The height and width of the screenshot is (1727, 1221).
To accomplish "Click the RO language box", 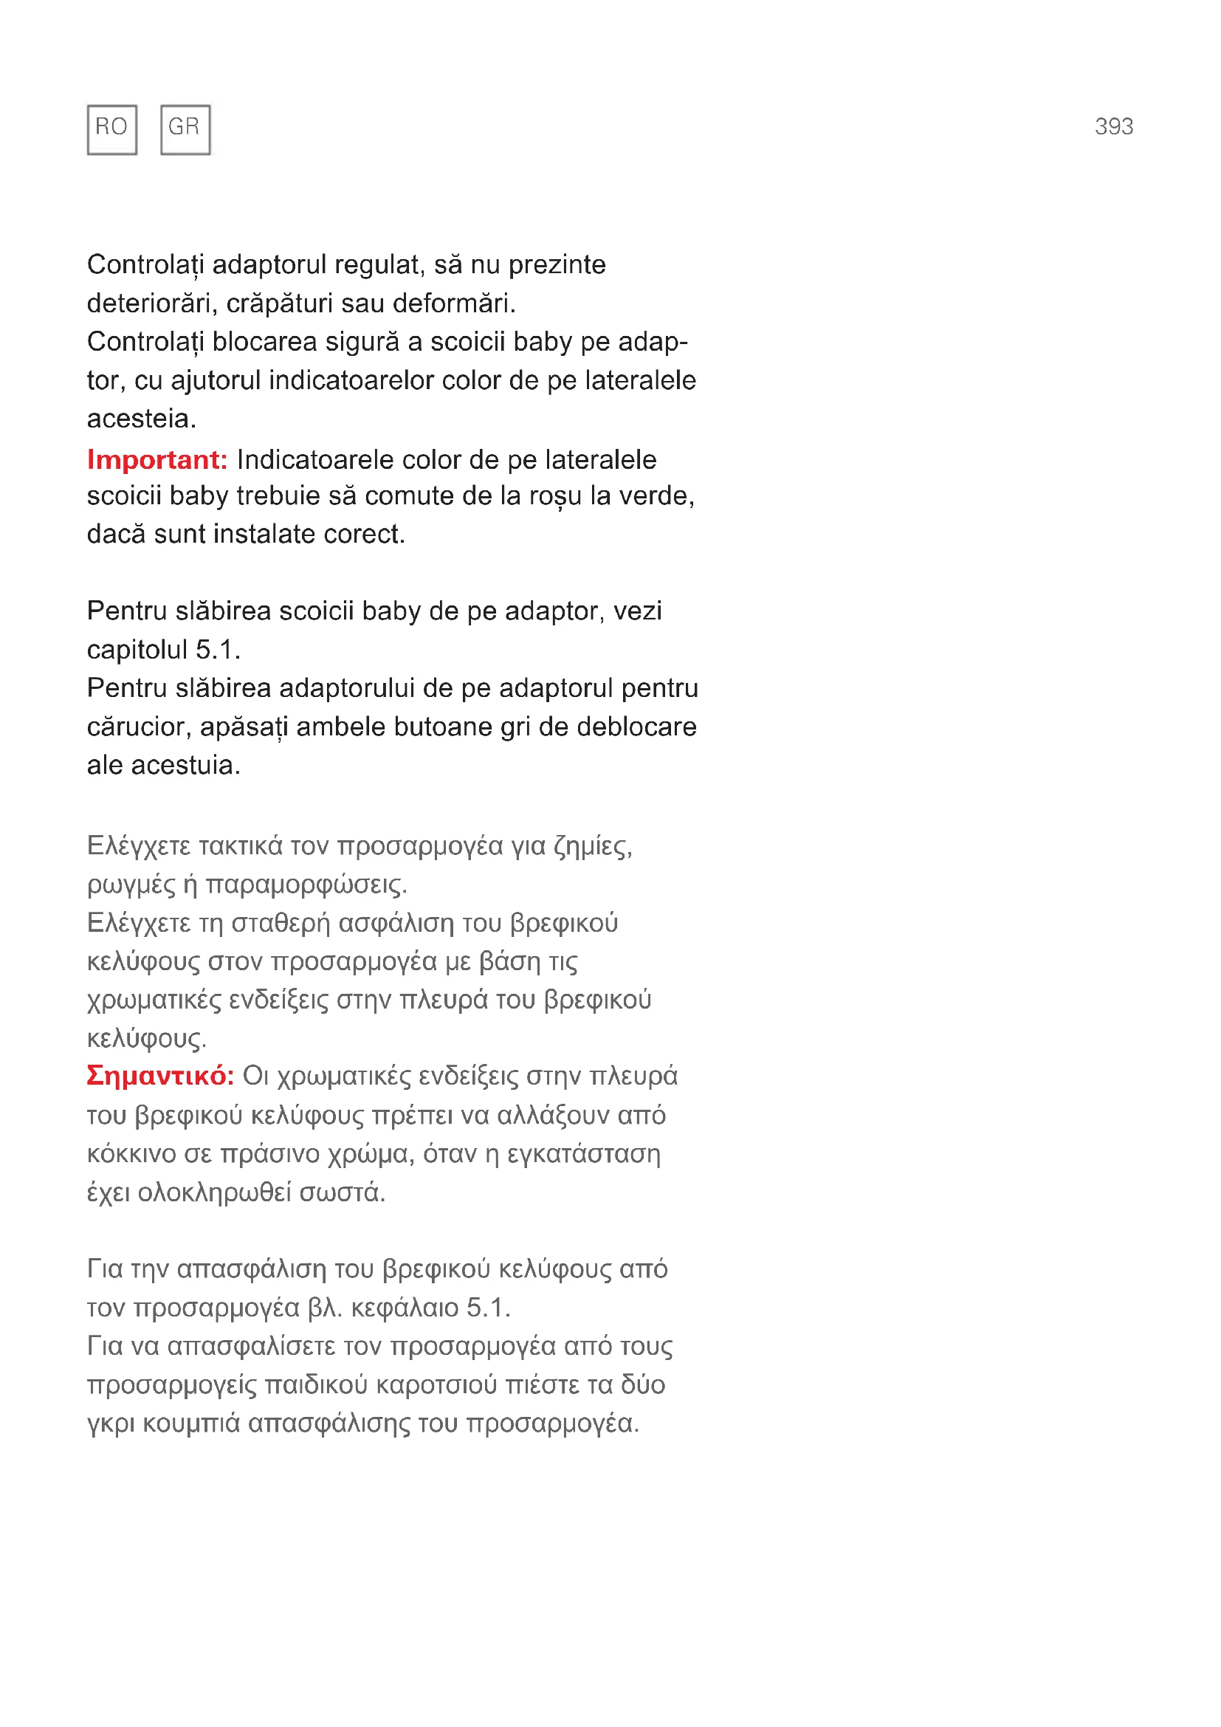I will pos(111,129).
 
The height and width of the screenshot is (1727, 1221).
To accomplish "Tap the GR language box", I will pos(185,129).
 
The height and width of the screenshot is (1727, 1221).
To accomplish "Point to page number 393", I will pos(1112,126).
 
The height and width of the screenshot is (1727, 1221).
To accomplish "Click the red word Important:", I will pos(157,459).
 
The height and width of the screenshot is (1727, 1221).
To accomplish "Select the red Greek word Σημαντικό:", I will pos(160,1076).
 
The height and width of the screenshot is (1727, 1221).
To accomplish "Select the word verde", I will pos(653,496).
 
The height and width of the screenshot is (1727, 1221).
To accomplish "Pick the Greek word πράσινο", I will pos(270,1154).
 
